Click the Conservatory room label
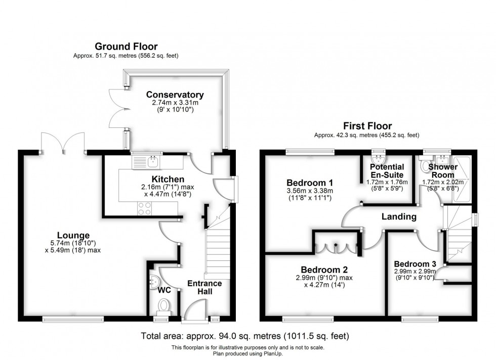pyautogui.click(x=175, y=95)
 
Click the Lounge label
pyautogui.click(x=73, y=235)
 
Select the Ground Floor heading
pyautogui.click(x=126, y=47)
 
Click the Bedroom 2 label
pyautogui.click(x=324, y=269)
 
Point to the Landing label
pyautogui.click(x=399, y=216)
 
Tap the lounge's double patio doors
pyautogui.click(x=63, y=142)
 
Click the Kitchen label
pyautogui.click(x=168, y=179)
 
